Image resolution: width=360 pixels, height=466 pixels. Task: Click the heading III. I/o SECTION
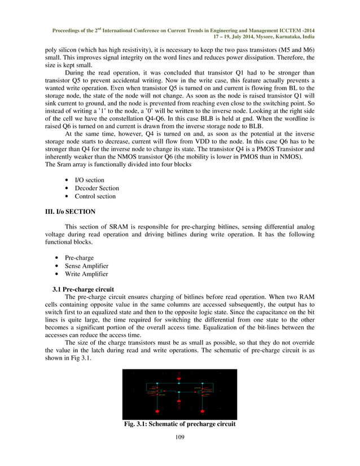pyautogui.click(x=70, y=212)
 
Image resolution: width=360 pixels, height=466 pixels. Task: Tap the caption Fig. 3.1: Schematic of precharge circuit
pyautogui.click(x=180, y=424)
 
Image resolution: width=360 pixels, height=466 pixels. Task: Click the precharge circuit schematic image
pyautogui.click(x=179, y=394)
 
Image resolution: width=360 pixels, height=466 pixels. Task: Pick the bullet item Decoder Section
pyautogui.click(x=96, y=188)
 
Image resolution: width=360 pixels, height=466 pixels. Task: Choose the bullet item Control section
pyautogui.click(x=95, y=196)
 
